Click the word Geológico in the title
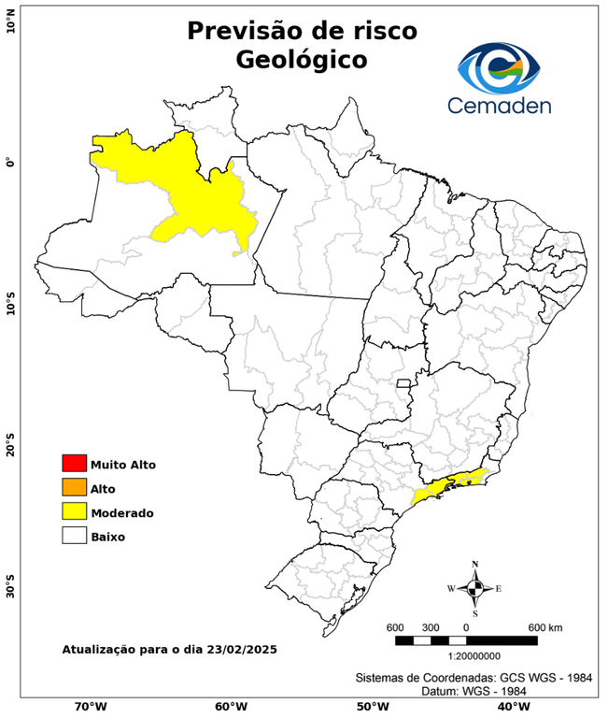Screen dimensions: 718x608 [301, 60]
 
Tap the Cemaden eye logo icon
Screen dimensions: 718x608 [500, 68]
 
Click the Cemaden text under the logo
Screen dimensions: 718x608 [500, 106]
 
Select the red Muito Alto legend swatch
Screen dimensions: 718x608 [74, 464]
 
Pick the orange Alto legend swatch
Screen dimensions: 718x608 [74, 488]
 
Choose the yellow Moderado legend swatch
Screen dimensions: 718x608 [74, 512]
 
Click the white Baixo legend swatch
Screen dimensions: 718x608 [74, 537]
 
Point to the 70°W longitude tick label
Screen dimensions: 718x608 [90, 707]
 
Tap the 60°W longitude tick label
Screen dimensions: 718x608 [231, 707]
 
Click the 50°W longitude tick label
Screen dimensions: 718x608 [371, 707]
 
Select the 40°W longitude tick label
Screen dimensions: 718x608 [512, 707]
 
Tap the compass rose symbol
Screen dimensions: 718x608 [474, 588]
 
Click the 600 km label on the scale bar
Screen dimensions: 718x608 [545, 626]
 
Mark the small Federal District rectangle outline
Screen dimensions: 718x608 [404, 383]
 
